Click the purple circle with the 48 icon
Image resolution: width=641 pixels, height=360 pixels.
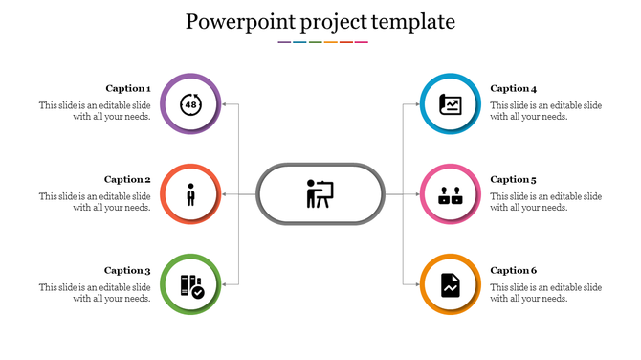pos(191,102)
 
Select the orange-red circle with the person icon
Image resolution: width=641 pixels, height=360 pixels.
pos(191,194)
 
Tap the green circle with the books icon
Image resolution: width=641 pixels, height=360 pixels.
pos(191,285)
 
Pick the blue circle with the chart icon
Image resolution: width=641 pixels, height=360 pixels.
pos(450,102)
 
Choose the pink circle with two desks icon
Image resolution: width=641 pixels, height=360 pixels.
pos(450,194)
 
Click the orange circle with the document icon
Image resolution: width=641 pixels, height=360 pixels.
pos(450,285)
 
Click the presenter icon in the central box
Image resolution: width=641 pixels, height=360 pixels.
pos(320,193)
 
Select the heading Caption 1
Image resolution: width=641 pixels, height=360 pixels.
pos(127,88)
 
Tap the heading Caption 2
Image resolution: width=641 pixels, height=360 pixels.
pos(127,179)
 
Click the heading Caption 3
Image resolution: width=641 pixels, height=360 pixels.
pos(127,270)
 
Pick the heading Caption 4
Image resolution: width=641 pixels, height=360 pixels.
pos(514,88)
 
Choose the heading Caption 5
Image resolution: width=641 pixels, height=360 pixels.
pos(514,179)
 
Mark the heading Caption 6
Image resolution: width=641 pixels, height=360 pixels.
pos(514,270)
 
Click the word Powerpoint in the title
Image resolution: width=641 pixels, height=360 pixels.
pos(234,21)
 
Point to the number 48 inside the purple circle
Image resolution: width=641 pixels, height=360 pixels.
pos(191,103)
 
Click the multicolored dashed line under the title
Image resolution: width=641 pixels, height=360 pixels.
pos(322,42)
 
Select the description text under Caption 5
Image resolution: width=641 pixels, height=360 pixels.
pos(545,202)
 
